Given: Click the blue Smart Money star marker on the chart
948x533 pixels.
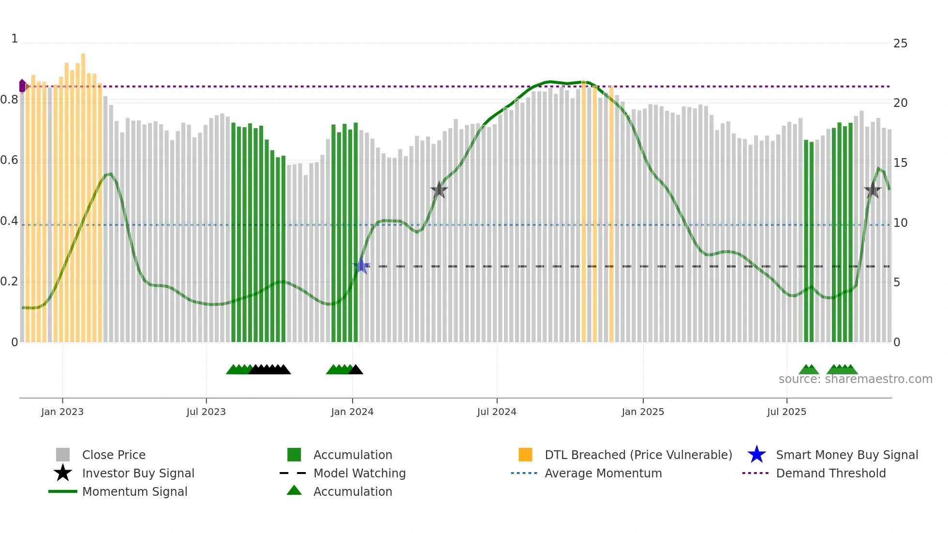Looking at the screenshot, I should point(361,266).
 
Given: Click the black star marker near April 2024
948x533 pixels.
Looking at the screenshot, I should point(439,190).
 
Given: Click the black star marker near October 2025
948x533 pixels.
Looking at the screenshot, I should point(873,190).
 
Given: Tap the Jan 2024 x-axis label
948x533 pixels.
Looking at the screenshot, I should point(352,412).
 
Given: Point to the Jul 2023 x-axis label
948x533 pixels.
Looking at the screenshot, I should point(206,412).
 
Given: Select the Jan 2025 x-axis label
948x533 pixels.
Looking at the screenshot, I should point(643,412).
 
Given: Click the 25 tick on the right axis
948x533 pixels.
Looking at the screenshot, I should point(900,44).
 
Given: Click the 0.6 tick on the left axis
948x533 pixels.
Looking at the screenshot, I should point(9,160).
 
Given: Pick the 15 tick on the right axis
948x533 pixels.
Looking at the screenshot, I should point(900,163).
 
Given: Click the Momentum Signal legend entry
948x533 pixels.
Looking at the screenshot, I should point(134,491).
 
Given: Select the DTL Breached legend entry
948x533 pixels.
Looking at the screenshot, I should point(638,455).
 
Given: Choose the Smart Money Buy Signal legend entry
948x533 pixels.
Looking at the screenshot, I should point(846,455).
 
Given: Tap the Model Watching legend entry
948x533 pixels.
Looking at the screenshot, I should point(359,473).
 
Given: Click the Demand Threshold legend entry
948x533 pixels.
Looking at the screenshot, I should point(830,473).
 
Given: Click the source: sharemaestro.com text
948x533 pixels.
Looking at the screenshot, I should point(855,379).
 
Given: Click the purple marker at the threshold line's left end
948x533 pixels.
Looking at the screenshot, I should point(22,86).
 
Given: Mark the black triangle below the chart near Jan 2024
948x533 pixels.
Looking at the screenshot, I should point(356,370).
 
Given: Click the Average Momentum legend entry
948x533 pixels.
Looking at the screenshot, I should point(603,473).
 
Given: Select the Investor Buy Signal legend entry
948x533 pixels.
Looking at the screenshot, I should point(138,473).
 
